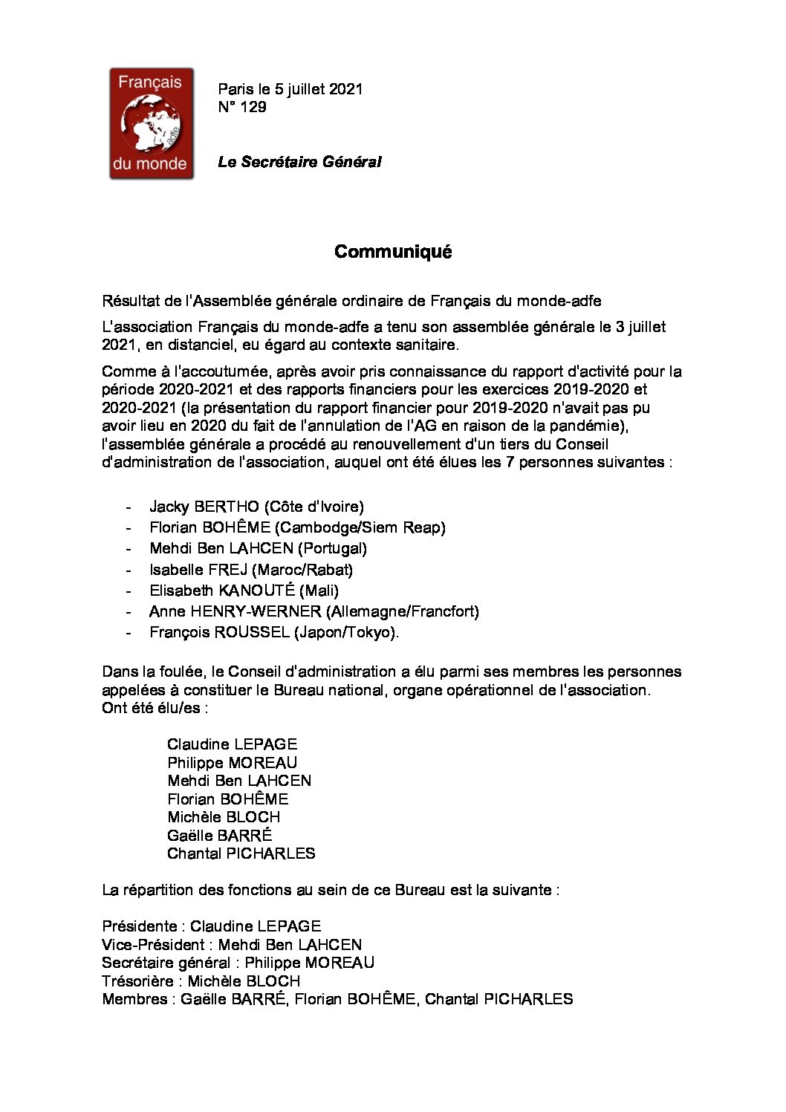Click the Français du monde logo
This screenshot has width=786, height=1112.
coord(152,123)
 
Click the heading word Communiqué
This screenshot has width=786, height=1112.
coord(393,252)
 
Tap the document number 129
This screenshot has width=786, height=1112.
coord(253,107)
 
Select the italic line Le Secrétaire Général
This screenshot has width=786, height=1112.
coord(299,162)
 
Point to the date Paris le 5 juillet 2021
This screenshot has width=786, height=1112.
coord(290,89)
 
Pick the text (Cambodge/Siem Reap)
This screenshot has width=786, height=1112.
coord(360,527)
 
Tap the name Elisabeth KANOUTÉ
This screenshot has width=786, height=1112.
coord(222,591)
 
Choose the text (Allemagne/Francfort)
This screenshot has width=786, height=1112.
coord(402,611)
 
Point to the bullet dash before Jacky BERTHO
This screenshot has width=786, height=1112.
coord(129,507)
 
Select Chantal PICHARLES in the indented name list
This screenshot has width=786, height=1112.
coord(241,853)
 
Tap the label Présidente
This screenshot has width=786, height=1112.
coord(140,926)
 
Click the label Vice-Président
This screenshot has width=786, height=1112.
coord(152,945)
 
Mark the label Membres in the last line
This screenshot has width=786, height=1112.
coord(134,999)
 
